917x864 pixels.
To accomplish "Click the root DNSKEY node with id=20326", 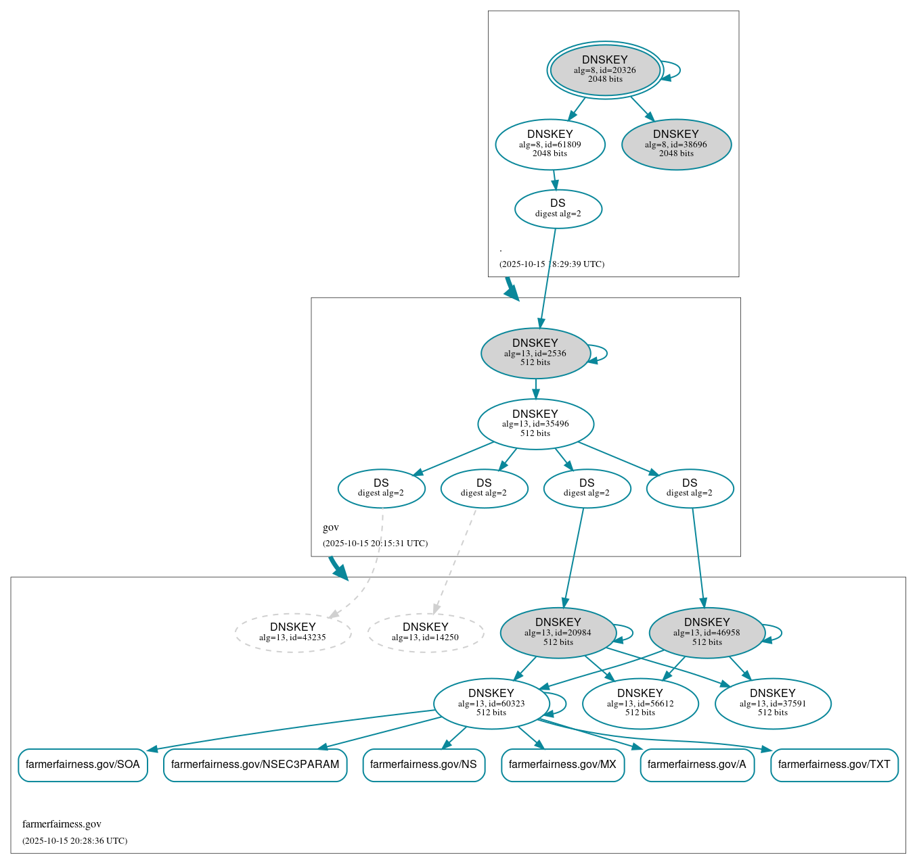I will pos(605,70).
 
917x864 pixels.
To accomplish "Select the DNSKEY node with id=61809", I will pos(550,144).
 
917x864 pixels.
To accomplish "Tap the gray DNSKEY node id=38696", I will pos(676,144).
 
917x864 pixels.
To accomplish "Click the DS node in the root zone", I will pos(558,209).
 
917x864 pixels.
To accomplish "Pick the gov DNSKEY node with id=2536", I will pos(535,353).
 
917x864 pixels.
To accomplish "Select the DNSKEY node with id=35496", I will pos(535,424).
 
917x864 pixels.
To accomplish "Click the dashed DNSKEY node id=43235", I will pos(293,633).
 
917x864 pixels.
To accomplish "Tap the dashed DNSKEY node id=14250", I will pos(426,633).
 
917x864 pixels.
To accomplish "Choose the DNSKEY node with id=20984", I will pos(558,633).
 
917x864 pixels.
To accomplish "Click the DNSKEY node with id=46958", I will pos(707,633).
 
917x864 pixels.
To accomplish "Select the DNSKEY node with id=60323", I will pos(491,704).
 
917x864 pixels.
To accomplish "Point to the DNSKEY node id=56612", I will pos(640,704).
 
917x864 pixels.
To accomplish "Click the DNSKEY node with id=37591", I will pos(773,704).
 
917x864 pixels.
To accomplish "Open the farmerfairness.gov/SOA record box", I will pos(83,765).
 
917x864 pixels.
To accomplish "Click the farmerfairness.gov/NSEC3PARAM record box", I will pos(255,765).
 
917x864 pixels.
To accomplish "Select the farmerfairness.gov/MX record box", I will pos(562,765).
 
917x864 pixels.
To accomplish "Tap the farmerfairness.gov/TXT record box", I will pos(834,765).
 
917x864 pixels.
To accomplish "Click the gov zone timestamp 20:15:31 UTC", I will pos(375,544).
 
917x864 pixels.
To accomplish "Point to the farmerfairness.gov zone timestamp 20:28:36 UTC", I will pos(74,841).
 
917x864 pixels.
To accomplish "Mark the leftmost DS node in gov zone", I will pos(381,489).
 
